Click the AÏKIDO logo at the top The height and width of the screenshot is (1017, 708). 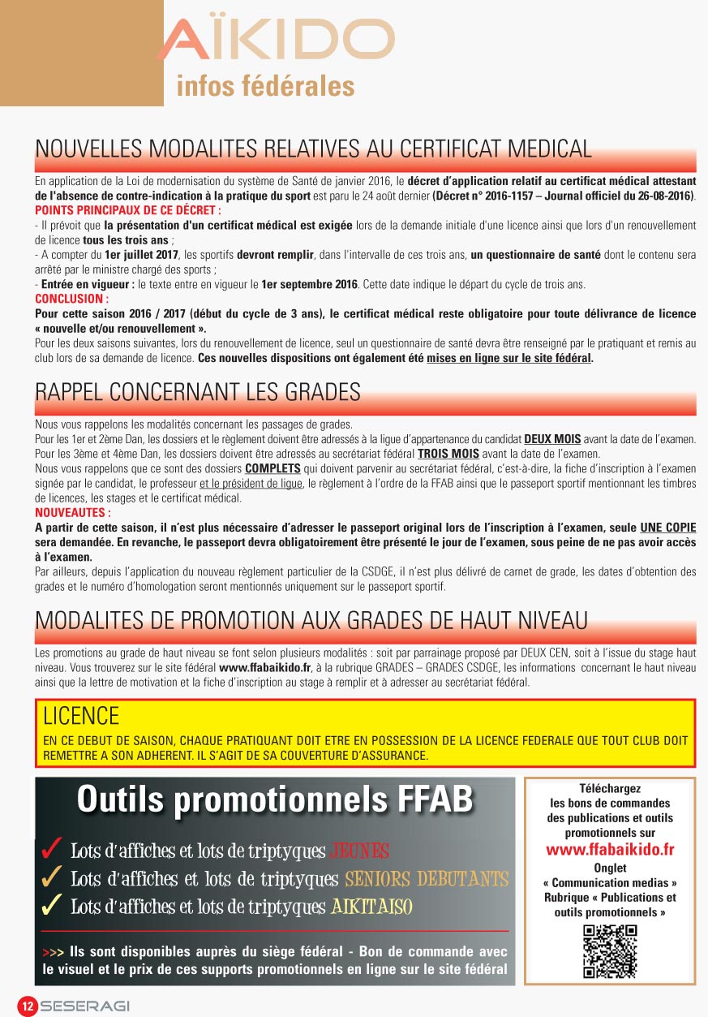tap(276, 41)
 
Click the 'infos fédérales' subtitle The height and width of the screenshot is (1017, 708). tap(265, 86)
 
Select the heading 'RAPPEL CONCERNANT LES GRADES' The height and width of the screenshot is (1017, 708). tap(197, 392)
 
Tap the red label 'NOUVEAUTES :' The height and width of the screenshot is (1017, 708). tap(73, 513)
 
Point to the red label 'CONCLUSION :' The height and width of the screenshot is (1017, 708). tap(72, 299)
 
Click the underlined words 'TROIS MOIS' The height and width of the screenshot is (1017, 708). tap(448, 454)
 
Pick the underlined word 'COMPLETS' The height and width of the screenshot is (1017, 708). tap(272, 469)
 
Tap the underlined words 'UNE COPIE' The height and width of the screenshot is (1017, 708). tap(667, 528)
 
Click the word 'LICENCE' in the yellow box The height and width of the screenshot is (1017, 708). tap(81, 716)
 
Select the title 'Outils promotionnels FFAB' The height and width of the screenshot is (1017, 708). tap(274, 799)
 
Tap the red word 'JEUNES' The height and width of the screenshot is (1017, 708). tap(360, 851)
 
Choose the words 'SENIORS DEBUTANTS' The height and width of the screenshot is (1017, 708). tap(427, 879)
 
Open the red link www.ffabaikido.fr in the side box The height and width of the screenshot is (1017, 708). tap(610, 850)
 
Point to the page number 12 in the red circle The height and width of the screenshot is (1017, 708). tap(27, 1006)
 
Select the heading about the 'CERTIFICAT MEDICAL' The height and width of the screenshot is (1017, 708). tap(313, 149)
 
